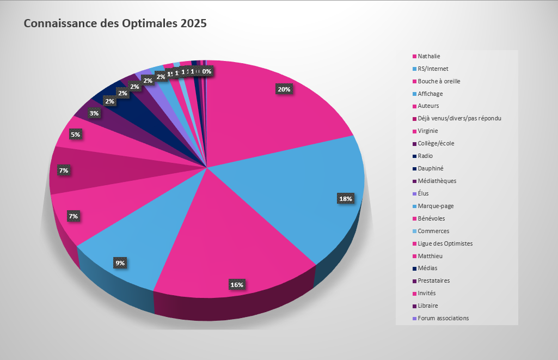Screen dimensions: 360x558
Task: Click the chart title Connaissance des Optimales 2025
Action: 115,24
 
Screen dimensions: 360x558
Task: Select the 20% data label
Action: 284,89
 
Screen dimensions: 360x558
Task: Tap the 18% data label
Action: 345,199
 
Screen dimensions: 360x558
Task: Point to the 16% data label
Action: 236,284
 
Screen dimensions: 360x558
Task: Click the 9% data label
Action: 120,263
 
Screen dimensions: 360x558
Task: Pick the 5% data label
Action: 75,135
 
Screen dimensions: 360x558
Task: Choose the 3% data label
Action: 94,113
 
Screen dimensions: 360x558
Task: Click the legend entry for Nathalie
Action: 429,56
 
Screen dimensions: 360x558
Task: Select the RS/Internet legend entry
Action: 433,69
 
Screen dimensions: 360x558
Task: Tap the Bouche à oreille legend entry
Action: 439,81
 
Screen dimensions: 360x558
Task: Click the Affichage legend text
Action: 430,94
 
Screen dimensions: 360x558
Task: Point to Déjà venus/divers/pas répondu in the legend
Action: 459,118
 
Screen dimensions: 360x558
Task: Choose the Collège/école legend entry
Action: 436,143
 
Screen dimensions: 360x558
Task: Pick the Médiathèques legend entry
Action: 437,181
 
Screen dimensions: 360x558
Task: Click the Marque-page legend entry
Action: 436,206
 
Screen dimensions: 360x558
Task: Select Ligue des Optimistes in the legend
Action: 445,243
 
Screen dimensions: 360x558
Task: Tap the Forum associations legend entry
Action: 443,318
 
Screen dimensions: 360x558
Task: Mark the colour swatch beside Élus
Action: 414,193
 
